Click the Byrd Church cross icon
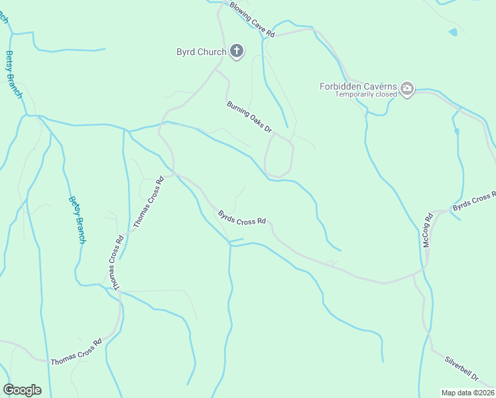click(x=237, y=52)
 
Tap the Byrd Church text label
click(x=201, y=52)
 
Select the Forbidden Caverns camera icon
click(x=407, y=88)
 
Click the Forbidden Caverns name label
click(x=358, y=86)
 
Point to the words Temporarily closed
click(x=365, y=94)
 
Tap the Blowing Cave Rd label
click(x=252, y=18)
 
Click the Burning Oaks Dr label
click(x=249, y=117)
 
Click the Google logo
click(x=22, y=390)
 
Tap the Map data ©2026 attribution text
click(x=467, y=393)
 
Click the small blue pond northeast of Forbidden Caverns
click(x=453, y=32)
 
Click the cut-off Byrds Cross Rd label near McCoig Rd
click(x=473, y=202)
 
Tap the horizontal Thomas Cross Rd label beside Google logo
click(x=76, y=352)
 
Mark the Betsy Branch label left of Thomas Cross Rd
click(x=78, y=220)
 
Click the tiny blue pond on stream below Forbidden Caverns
click(x=456, y=131)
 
